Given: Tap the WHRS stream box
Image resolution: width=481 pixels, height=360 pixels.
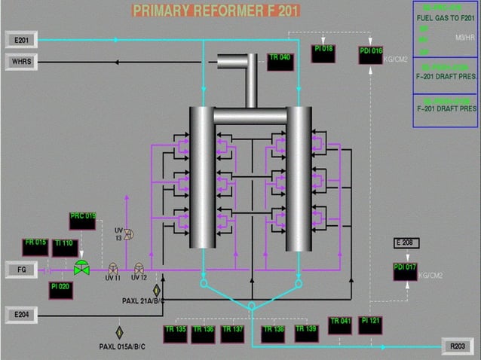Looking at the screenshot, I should pos(22,61).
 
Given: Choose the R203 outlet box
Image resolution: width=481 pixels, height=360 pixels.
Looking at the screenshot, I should pos(458,346).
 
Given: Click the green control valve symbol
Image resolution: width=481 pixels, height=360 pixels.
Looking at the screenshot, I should pos(81,267).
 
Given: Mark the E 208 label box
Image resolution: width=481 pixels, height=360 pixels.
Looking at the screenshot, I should pos(407,243).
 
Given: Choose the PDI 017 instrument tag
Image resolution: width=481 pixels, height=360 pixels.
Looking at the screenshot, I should pos(405,270).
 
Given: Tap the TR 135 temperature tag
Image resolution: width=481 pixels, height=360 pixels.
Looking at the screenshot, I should pos(175,333).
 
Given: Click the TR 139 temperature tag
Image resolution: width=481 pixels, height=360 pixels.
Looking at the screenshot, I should pos(306,333).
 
